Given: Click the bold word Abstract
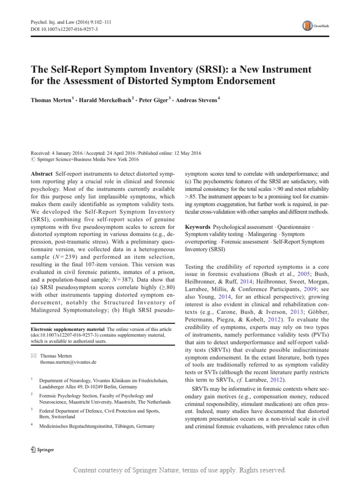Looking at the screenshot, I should pos(44,160).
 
